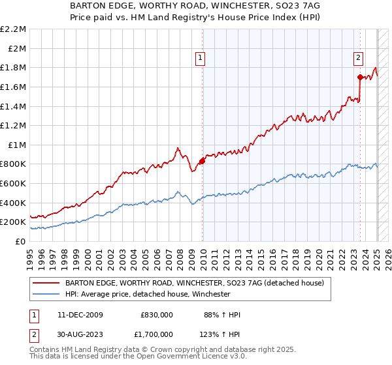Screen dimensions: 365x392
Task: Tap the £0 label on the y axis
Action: pos(20,241)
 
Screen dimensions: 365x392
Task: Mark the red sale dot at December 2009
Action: pos(202,161)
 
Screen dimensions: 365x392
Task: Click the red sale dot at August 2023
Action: pos(360,77)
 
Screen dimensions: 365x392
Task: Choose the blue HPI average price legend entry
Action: pos(148,294)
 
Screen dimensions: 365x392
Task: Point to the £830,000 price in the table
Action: pos(157,315)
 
